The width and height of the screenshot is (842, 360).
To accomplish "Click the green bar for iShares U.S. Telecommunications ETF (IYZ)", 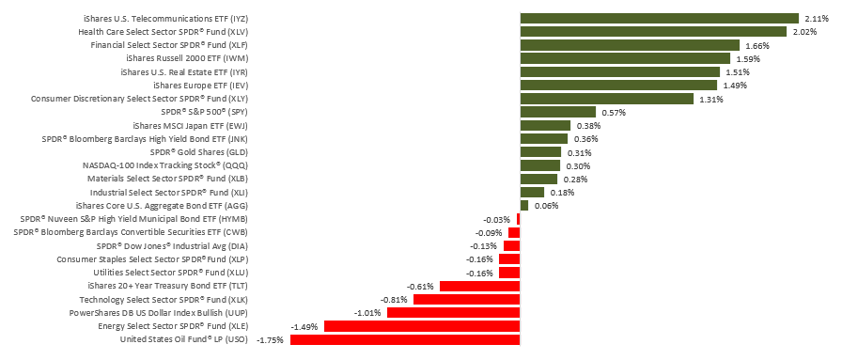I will click(660, 18).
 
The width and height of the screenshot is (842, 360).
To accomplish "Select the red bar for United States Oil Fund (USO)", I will click(405, 339).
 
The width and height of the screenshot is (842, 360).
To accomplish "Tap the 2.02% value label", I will click(806, 31).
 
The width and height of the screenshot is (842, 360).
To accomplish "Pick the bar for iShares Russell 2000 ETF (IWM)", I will click(625, 58).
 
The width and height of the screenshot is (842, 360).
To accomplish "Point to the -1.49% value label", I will click(304, 326).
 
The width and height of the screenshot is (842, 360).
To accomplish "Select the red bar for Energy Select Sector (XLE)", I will click(422, 326).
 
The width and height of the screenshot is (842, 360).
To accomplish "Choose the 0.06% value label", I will click(546, 205).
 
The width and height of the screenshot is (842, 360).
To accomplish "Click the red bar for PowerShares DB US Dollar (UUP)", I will click(453, 312).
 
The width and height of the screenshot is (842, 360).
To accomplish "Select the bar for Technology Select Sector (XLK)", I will click(466, 299).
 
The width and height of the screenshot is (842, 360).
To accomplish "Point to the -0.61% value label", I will click(420, 286).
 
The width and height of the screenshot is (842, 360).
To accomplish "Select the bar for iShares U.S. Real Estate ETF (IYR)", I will click(619, 71).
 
